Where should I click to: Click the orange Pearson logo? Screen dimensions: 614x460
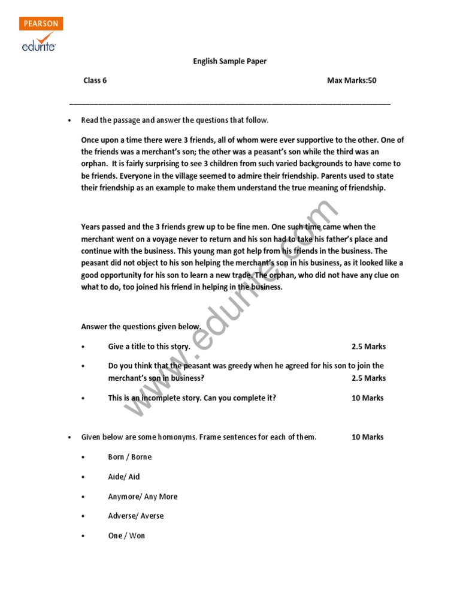click(x=41, y=24)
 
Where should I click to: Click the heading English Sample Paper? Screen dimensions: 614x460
click(x=229, y=61)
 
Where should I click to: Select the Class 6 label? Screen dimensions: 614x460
click(x=95, y=80)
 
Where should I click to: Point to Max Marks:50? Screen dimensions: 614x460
click(x=352, y=80)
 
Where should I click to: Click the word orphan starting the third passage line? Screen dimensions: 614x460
click(x=93, y=163)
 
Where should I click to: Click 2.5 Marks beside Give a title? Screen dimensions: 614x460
click(x=368, y=347)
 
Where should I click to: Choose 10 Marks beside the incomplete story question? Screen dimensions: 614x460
click(x=367, y=398)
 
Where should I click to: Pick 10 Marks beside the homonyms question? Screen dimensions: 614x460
click(x=367, y=437)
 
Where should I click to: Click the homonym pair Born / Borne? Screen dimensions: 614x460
click(x=129, y=457)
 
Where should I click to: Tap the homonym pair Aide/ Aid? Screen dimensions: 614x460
click(x=123, y=477)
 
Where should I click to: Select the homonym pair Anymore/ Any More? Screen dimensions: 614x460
click(x=143, y=496)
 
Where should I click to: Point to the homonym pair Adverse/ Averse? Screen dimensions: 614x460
click(x=135, y=516)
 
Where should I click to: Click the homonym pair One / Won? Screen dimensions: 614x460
click(x=126, y=535)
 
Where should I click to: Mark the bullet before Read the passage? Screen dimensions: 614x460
click(x=70, y=121)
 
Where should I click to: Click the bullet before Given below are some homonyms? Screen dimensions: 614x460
click(x=70, y=437)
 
